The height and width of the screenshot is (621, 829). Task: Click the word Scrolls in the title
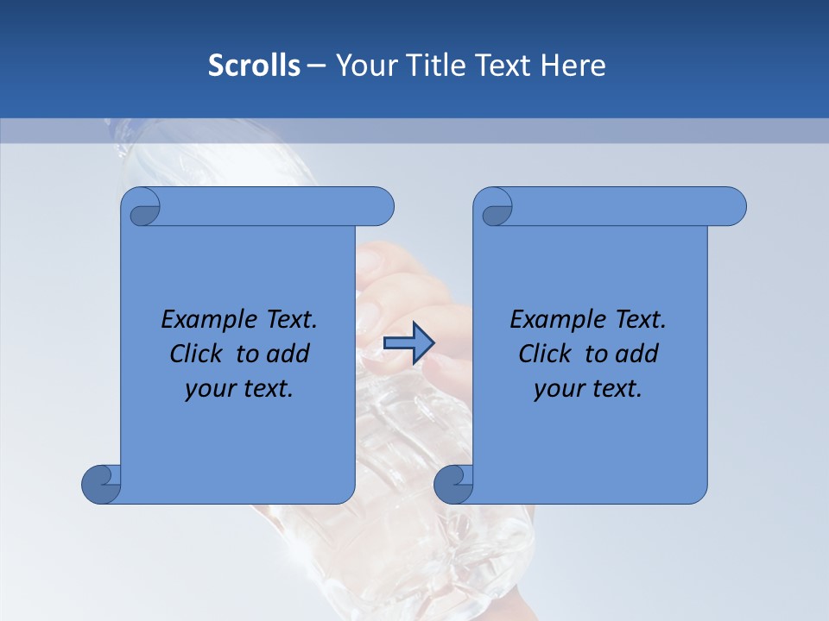click(x=254, y=66)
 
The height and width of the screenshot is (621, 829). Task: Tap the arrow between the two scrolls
click(x=408, y=343)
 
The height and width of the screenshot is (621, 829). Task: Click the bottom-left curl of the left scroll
click(x=101, y=485)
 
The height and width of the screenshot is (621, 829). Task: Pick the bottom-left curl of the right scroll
click(x=453, y=485)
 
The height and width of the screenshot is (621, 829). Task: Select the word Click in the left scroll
click(x=196, y=354)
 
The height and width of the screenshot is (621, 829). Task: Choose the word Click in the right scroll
click(x=545, y=354)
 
